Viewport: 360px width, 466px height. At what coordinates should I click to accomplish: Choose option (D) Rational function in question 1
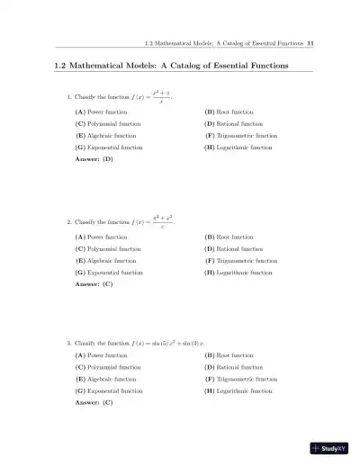233,122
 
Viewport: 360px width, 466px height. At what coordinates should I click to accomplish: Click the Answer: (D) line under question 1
94,158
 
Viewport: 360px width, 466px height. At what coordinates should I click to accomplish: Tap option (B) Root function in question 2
229,236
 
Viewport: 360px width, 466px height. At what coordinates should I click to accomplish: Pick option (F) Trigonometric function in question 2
240,259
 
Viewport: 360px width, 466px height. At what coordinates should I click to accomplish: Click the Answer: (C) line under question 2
94,283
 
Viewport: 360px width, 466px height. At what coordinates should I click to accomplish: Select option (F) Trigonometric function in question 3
240,379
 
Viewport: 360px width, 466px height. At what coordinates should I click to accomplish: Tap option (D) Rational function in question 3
233,367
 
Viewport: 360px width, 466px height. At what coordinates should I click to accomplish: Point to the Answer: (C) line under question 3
94,403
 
